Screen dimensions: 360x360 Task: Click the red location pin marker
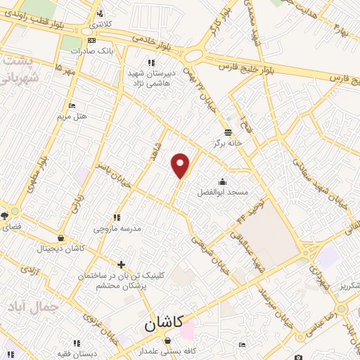181,165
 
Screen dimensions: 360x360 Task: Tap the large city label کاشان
163,324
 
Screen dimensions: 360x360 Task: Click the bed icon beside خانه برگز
228,131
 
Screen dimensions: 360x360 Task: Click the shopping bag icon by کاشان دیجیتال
62,238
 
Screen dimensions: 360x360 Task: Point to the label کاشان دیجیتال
62,249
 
